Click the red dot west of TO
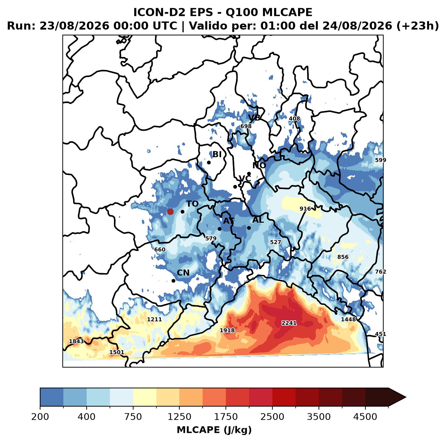point(170,212)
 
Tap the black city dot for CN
point(173,281)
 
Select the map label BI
point(217,154)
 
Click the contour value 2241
point(289,323)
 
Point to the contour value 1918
point(227,330)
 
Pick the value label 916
point(305,209)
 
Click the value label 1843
point(77,341)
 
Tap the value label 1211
point(154,319)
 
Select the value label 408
point(294,119)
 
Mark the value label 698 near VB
point(246,126)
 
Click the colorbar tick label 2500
point(272,416)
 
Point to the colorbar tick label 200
point(40,416)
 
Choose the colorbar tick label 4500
point(365,416)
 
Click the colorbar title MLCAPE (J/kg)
point(214,430)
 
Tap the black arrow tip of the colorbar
point(406,398)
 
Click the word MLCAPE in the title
point(287,12)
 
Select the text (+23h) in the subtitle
point(418,26)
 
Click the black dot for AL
point(249,228)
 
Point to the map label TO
point(192,204)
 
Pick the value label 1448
point(348,319)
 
